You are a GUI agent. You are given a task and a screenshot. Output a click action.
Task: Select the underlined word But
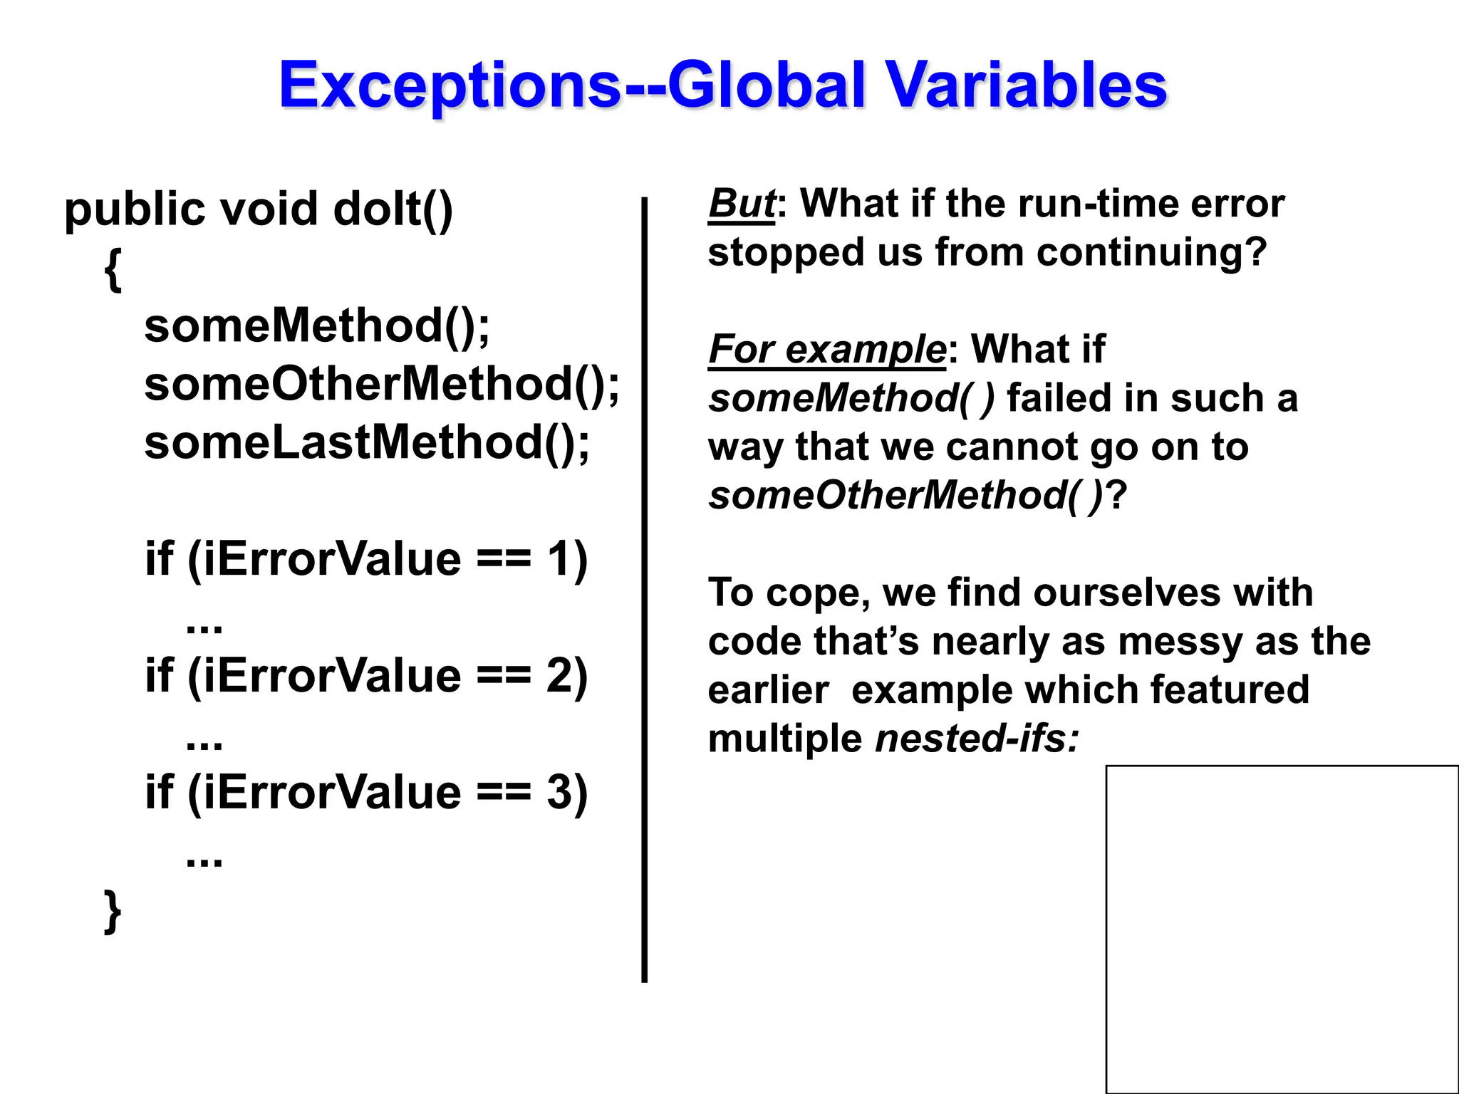(x=741, y=204)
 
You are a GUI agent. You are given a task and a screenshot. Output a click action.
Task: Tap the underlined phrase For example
(x=826, y=350)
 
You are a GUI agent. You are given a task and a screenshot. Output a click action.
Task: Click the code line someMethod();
(x=317, y=326)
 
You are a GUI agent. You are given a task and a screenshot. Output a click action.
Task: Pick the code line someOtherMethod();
(x=382, y=385)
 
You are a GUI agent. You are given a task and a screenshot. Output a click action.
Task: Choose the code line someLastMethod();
(x=367, y=443)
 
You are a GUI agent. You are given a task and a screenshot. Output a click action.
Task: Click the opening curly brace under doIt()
(x=113, y=269)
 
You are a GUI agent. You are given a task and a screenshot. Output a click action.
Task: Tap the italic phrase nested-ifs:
(x=977, y=739)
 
